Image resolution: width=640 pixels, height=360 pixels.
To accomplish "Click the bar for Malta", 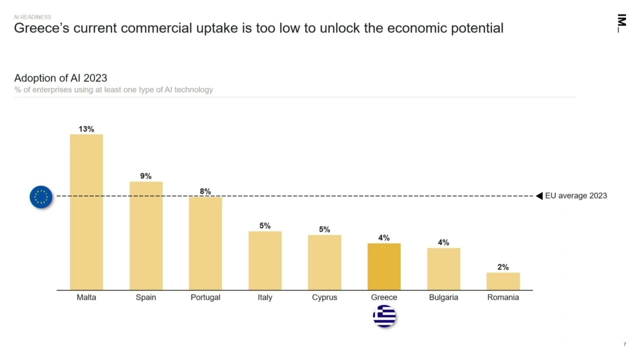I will pyautogui.click(x=86, y=212).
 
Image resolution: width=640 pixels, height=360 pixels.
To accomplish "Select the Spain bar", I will pyautogui.click(x=146, y=235).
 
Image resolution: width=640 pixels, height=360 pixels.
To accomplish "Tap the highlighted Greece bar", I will pyautogui.click(x=384, y=266).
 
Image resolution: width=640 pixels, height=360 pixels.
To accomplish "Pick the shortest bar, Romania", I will pyautogui.click(x=503, y=281).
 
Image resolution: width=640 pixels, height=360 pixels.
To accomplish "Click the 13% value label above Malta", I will pyautogui.click(x=86, y=129).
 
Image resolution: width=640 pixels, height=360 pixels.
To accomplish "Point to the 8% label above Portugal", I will pyautogui.click(x=205, y=191).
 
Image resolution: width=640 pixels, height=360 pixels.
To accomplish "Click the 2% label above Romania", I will pyautogui.click(x=503, y=267).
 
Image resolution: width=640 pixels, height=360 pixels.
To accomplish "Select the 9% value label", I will pyautogui.click(x=145, y=176).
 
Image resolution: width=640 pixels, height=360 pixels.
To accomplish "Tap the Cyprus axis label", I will pyautogui.click(x=324, y=297).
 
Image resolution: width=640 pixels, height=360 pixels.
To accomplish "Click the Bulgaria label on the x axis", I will pyautogui.click(x=443, y=297).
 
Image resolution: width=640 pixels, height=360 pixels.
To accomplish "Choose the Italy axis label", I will pyautogui.click(x=265, y=297).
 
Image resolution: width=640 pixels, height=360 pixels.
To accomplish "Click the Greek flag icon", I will pyautogui.click(x=384, y=316).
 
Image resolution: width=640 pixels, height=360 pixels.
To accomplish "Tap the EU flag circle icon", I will pyautogui.click(x=41, y=197).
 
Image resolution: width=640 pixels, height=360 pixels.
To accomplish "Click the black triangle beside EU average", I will pyautogui.click(x=539, y=196).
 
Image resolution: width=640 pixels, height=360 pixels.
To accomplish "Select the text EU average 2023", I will pyautogui.click(x=576, y=195).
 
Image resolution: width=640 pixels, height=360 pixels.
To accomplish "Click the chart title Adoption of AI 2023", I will pyautogui.click(x=60, y=78).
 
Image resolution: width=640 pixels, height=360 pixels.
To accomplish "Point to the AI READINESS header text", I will pyautogui.click(x=32, y=17).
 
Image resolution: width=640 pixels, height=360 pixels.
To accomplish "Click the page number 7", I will pyautogui.click(x=624, y=344).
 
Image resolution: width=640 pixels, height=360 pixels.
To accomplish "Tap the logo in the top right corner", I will pyautogui.click(x=621, y=23).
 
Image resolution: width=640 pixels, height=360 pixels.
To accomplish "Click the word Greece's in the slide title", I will pyautogui.click(x=41, y=28).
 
